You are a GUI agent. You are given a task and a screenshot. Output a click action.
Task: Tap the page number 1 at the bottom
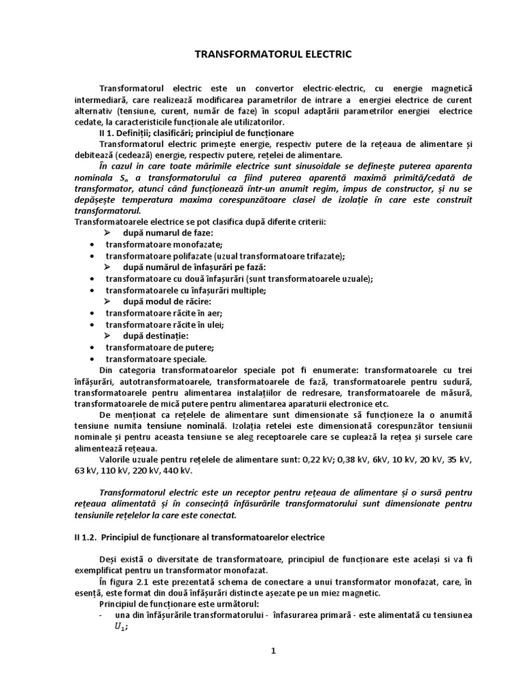pyautogui.click(x=273, y=650)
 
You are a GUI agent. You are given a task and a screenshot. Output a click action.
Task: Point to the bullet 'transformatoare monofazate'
pyautogui.click(x=164, y=244)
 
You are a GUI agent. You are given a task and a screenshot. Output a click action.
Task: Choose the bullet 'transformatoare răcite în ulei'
pyautogui.click(x=164, y=325)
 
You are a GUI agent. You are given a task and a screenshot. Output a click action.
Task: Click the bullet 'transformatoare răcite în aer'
pyautogui.click(x=164, y=313)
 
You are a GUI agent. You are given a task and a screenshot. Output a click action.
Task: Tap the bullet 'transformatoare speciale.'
pyautogui.click(x=156, y=359)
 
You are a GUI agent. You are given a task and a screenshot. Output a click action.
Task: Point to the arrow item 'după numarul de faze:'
pyautogui.click(x=168, y=233)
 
